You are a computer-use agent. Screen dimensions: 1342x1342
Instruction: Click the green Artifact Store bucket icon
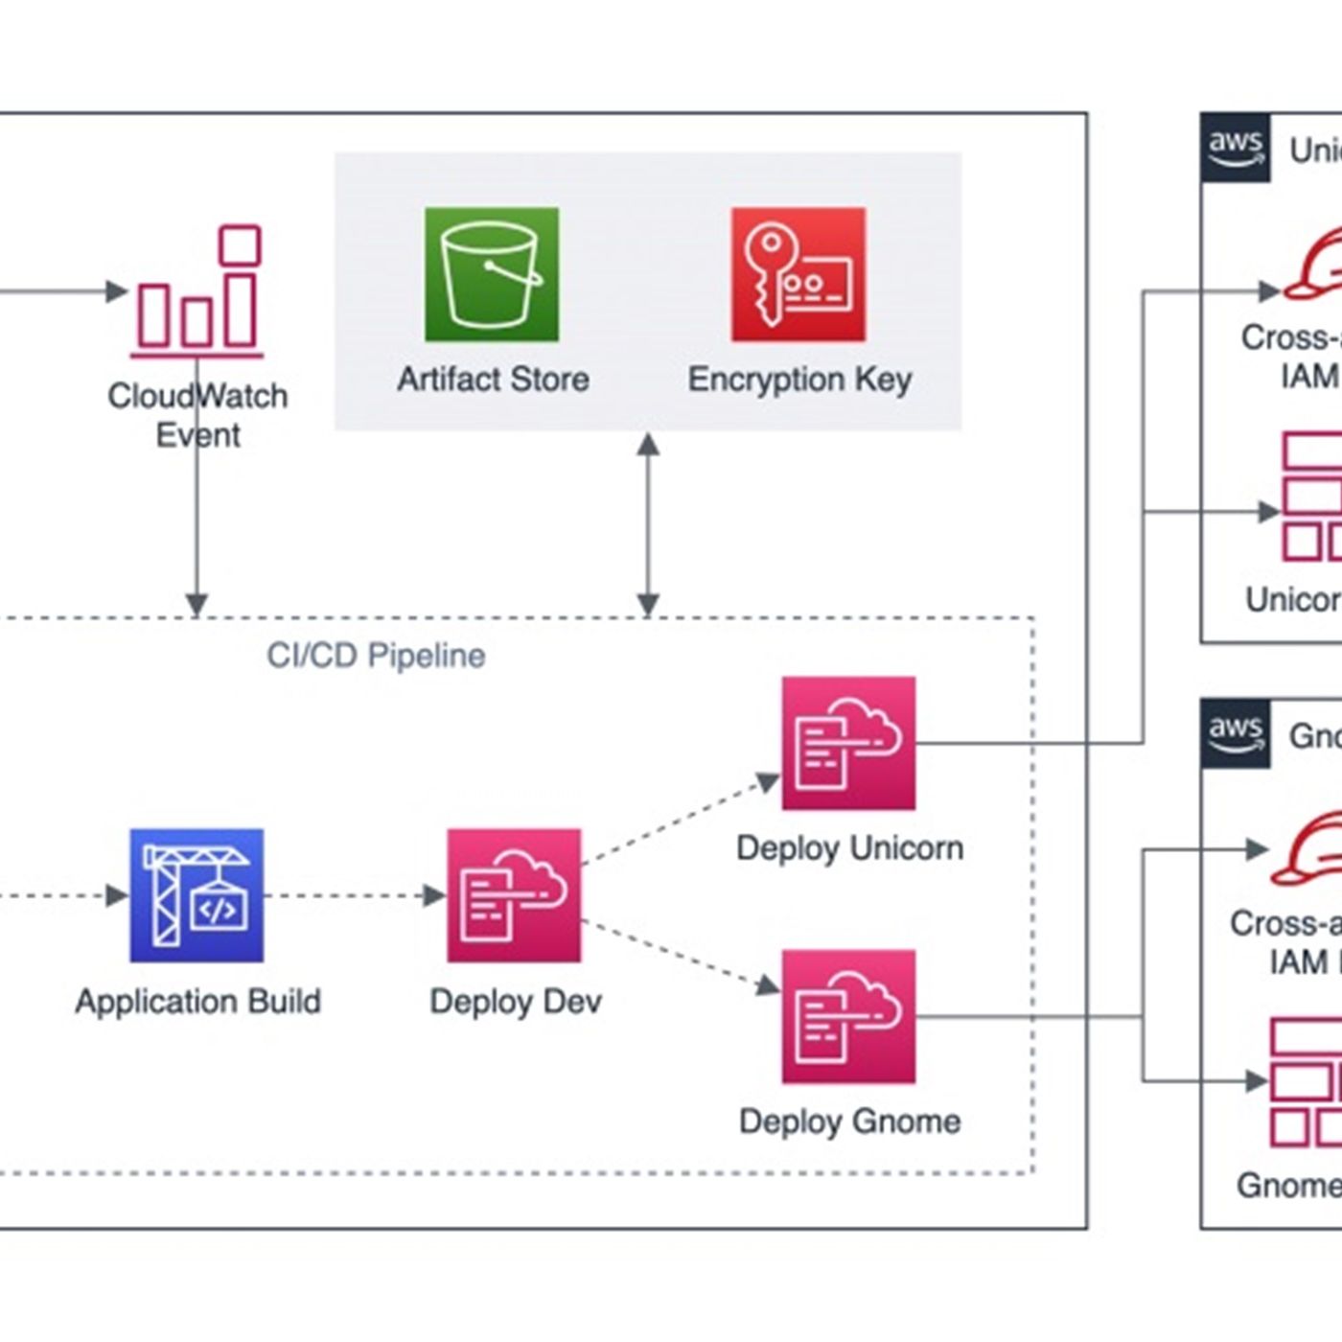tap(492, 274)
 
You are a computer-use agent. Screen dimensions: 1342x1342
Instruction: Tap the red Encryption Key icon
tap(798, 274)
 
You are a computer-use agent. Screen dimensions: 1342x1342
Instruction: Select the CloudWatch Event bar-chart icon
tap(197, 291)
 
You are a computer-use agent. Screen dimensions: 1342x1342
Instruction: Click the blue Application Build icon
tap(197, 895)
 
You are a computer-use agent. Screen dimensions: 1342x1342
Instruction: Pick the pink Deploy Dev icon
tap(514, 895)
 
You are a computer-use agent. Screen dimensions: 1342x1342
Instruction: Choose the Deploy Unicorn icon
tap(848, 743)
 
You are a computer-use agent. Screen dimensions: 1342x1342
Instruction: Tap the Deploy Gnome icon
tap(848, 1016)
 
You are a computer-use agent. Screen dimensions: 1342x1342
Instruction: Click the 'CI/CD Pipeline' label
tap(376, 656)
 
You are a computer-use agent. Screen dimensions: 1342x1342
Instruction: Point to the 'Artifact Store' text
tap(493, 380)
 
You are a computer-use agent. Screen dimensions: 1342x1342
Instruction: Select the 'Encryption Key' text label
tap(799, 380)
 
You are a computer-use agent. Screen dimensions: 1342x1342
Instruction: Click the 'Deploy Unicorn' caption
tap(849, 848)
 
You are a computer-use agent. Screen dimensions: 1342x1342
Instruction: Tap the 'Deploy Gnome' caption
tap(849, 1122)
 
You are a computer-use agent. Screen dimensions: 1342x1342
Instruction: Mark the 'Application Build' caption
tap(197, 1002)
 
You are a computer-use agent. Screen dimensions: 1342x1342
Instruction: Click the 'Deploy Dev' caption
tap(516, 1002)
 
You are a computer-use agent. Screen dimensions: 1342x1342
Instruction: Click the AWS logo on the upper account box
tap(1236, 148)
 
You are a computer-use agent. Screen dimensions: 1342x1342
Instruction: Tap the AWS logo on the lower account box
tap(1236, 733)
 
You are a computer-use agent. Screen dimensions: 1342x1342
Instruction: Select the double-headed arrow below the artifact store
tap(648, 523)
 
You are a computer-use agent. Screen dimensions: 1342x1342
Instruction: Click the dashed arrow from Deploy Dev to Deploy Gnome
tap(681, 955)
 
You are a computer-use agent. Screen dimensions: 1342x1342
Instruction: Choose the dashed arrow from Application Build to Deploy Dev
tap(355, 895)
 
